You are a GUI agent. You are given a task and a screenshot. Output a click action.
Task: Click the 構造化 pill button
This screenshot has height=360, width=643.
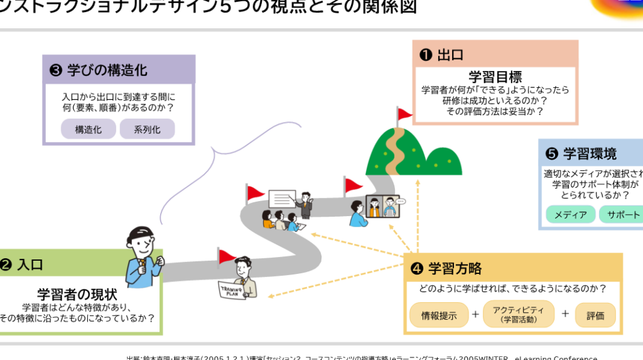[89, 129]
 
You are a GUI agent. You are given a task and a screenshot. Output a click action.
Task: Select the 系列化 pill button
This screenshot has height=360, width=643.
[147, 129]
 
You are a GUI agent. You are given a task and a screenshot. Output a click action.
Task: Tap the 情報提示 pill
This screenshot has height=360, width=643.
[439, 315]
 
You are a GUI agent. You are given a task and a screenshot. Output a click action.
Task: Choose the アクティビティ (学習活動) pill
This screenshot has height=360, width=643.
[519, 314]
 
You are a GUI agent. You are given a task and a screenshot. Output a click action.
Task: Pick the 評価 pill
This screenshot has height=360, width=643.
[595, 315]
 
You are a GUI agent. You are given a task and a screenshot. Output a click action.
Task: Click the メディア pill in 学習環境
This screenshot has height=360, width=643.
[570, 214]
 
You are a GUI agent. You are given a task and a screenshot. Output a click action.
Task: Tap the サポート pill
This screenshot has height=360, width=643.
[622, 214]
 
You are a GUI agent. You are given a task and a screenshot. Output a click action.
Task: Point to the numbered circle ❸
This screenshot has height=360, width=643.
[55, 70]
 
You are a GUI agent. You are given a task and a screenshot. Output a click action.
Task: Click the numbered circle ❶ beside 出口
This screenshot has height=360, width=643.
[425, 55]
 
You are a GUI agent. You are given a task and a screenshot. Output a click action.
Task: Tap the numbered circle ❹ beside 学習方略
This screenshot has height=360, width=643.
[416, 269]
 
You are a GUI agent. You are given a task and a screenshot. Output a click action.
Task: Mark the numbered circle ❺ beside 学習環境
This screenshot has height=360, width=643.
[552, 153]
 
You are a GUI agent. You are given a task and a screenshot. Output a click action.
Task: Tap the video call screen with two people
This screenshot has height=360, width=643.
[383, 205]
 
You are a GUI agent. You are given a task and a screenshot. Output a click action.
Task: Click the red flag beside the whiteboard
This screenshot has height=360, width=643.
[254, 193]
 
